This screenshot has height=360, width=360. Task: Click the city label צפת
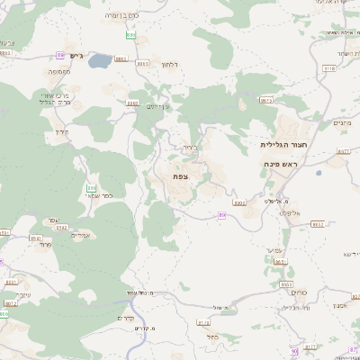[181, 177]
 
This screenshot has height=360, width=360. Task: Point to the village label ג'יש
[76, 57]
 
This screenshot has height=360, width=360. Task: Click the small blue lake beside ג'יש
[100, 61]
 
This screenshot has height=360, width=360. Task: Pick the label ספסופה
[60, 71]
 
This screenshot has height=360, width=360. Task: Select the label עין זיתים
[158, 108]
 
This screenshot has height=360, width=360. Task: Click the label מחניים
[342, 123]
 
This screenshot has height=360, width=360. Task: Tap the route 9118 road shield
[328, 67]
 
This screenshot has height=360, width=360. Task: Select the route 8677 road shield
[343, 152]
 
